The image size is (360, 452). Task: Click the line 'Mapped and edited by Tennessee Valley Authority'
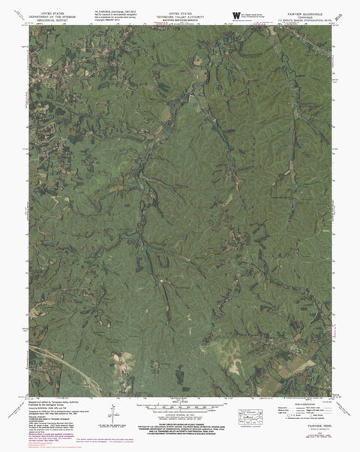pos(60,402)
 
